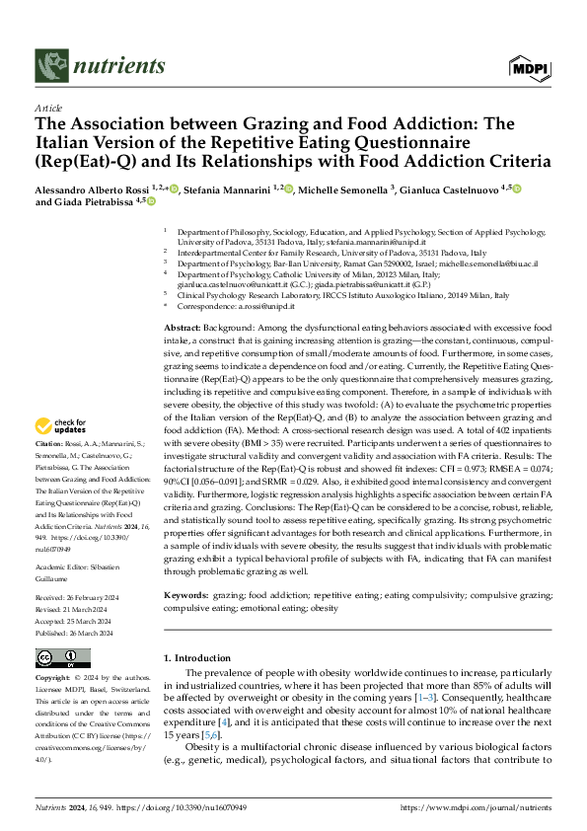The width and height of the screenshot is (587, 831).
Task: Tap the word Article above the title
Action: (48, 110)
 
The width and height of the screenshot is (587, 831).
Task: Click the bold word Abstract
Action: (182, 327)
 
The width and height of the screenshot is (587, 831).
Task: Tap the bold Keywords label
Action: (185, 596)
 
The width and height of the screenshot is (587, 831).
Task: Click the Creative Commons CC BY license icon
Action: (63, 657)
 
